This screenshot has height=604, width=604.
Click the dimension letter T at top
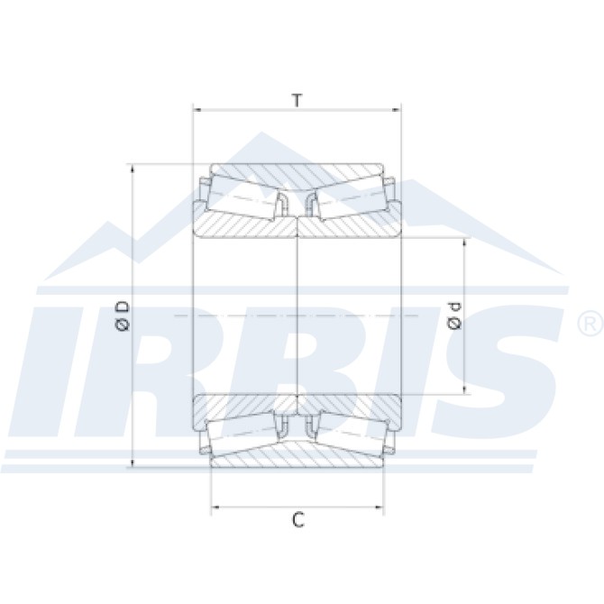point(297,99)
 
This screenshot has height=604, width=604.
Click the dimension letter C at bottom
point(297,520)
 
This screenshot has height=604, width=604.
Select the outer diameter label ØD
point(124,316)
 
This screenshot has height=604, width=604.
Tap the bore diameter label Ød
point(453,316)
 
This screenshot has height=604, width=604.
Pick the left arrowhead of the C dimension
point(215,509)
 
